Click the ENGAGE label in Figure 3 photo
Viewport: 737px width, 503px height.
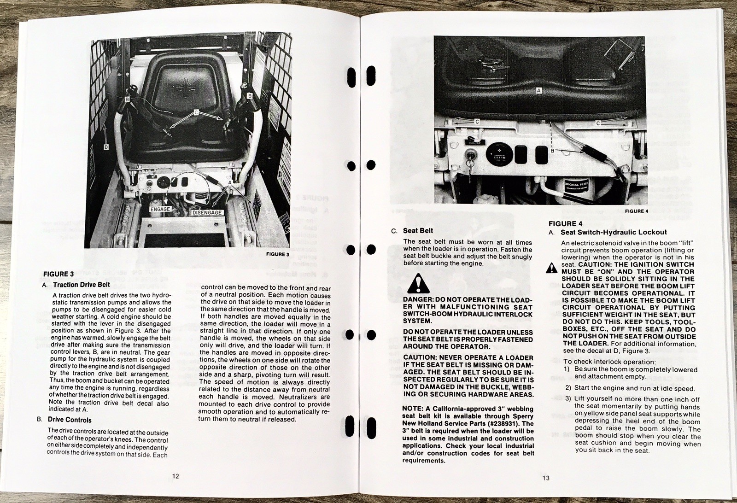tap(160, 209)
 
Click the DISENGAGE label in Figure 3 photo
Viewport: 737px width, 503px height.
tap(207, 213)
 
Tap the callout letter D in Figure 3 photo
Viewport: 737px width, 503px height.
tap(106, 147)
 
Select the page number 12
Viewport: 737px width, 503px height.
tap(175, 476)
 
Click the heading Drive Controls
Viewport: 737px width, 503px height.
tap(70, 420)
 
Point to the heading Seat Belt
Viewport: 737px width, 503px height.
tap(418, 231)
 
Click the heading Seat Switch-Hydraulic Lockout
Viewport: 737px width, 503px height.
tap(613, 232)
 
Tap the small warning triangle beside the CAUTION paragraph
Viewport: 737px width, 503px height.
tap(551, 268)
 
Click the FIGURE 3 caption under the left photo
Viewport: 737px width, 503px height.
tap(278, 254)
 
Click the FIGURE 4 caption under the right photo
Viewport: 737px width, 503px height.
tap(637, 211)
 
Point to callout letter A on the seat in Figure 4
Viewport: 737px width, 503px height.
tap(538, 91)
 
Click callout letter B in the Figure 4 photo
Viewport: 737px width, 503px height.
tap(552, 150)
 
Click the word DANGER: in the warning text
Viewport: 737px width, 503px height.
tap(418, 300)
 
